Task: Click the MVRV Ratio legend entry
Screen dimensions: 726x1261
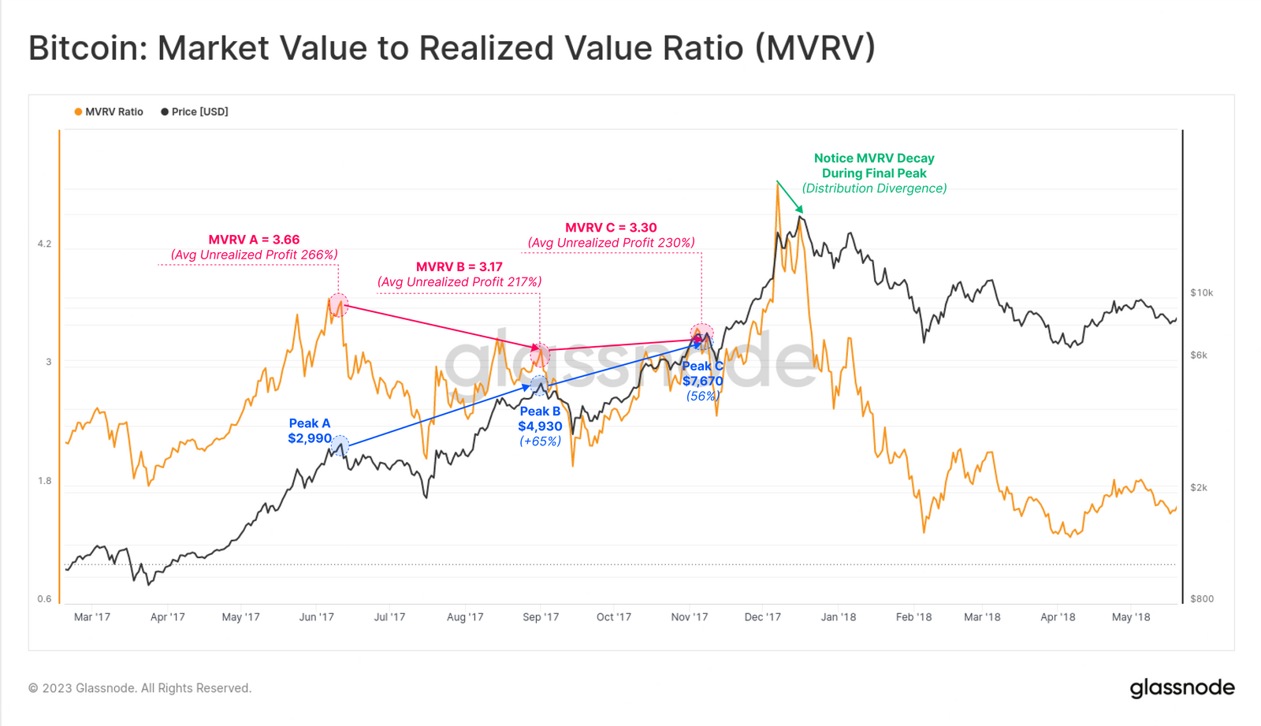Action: click(109, 112)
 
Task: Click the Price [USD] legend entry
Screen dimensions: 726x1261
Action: click(195, 112)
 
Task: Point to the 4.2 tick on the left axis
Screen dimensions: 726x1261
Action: click(44, 244)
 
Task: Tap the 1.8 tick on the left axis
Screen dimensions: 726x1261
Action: click(44, 481)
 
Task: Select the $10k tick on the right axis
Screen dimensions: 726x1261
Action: click(1201, 292)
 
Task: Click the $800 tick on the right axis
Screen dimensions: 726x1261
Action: click(1201, 599)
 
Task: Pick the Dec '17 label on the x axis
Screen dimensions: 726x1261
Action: click(762, 617)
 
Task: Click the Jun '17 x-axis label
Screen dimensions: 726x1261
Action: click(316, 617)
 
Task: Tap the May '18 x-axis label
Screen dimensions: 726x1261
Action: click(1130, 617)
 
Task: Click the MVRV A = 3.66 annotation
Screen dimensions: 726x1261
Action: click(254, 240)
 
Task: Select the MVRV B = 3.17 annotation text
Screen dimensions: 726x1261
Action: click(459, 267)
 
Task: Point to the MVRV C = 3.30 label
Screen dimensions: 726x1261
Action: click(611, 228)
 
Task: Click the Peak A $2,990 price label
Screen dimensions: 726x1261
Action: click(310, 431)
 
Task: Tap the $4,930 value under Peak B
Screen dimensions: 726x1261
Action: click(540, 426)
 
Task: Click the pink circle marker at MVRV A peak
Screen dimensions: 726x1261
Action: click(338, 304)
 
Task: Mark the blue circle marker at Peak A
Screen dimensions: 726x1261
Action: click(340, 445)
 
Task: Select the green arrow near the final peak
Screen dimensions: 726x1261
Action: click(790, 197)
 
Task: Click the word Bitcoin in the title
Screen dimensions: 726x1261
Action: click(83, 48)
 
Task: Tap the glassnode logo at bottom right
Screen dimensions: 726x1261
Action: click(1181, 688)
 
